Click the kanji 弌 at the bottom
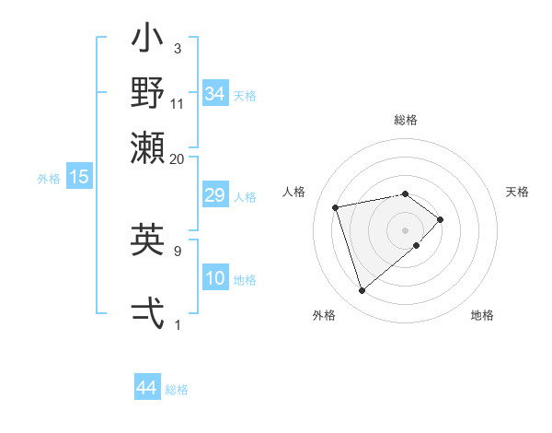147,313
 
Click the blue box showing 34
215,94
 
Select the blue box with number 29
215,195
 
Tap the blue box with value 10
215,278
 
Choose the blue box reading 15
79,177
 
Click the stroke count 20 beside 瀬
178,158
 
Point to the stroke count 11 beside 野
178,103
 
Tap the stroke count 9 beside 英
178,249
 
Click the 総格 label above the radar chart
406,120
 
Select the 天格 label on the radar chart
517,192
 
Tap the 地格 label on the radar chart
482,315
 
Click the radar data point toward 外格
362,291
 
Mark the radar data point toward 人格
336,206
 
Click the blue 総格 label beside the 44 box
177,390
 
